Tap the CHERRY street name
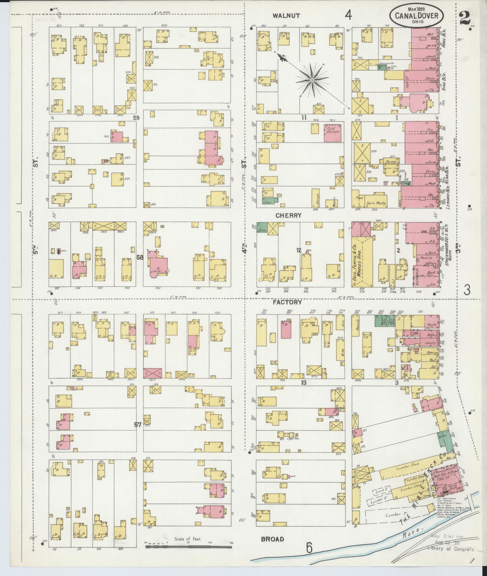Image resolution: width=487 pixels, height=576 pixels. pyautogui.click(x=288, y=215)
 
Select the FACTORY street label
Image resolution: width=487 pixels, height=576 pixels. pyautogui.click(x=287, y=302)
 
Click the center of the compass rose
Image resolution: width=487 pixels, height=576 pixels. pyautogui.click(x=312, y=80)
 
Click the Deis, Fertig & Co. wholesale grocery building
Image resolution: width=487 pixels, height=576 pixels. pyautogui.click(x=362, y=263)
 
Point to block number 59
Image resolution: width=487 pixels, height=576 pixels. pyautogui.click(x=136, y=118)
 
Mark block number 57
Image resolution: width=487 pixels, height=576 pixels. pyautogui.click(x=137, y=425)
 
